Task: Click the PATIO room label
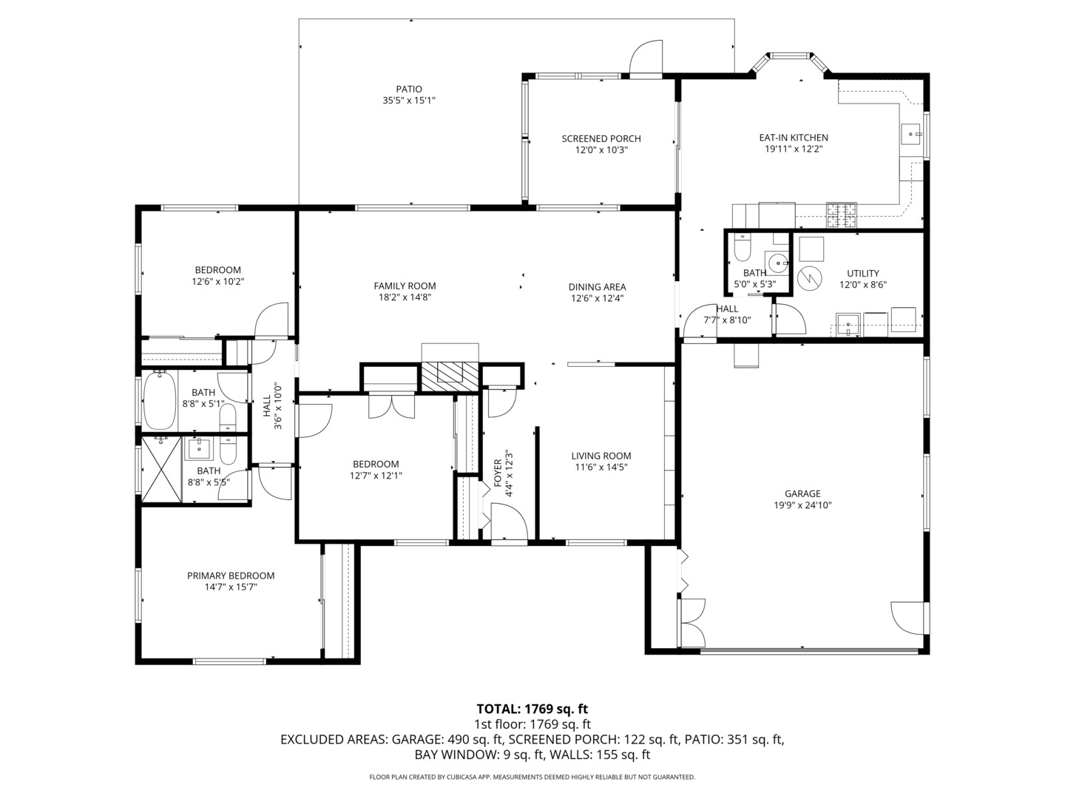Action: coord(408,90)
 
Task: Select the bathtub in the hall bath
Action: coord(160,400)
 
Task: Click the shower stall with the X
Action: coord(162,469)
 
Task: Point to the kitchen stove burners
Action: coord(841,215)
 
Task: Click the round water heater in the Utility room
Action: coord(811,277)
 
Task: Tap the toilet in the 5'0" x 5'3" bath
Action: coord(741,246)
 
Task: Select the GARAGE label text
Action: coord(802,493)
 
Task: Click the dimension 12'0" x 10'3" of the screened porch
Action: coord(601,150)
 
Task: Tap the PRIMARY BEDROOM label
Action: coord(231,576)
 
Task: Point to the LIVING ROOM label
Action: coord(601,456)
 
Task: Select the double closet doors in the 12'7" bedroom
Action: coord(392,405)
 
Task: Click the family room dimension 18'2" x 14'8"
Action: coord(405,297)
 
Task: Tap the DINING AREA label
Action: coord(597,287)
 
